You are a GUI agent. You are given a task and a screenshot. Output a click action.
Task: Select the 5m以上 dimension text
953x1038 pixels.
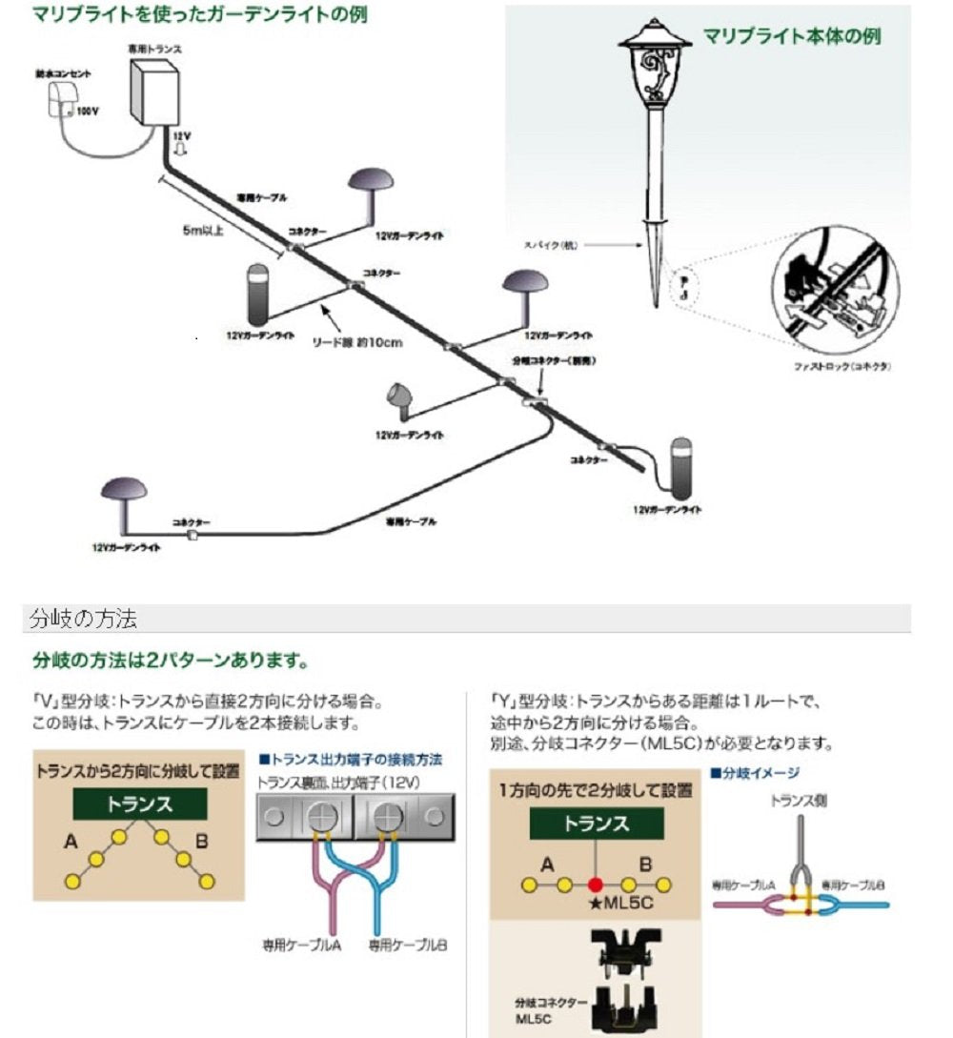[x=202, y=230]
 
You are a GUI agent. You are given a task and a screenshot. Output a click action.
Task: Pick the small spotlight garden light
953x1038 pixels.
[x=398, y=397]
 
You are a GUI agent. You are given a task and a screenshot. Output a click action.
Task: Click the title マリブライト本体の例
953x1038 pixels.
[x=791, y=36]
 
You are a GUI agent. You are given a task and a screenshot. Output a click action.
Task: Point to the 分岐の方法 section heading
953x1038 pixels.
[x=84, y=620]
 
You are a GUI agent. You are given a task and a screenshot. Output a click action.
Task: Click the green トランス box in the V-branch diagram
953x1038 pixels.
[x=140, y=804]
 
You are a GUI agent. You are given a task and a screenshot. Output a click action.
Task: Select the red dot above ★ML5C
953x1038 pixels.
[x=597, y=884]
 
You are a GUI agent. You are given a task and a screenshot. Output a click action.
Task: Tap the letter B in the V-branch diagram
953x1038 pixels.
[x=200, y=843]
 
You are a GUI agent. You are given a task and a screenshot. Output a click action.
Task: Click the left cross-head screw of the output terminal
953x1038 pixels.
[x=317, y=817]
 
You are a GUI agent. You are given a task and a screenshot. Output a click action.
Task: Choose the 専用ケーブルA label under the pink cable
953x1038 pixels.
[x=302, y=946]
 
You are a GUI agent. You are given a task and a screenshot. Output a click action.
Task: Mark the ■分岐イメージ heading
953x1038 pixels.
[x=755, y=773]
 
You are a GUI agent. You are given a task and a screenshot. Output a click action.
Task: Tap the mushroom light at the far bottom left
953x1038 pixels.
[x=124, y=497]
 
